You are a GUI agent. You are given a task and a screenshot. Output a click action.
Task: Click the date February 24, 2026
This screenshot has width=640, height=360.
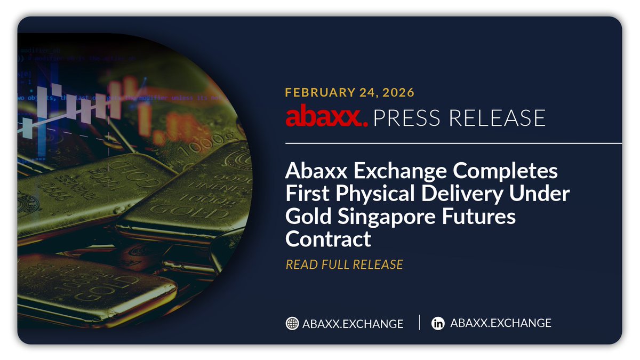(x=350, y=92)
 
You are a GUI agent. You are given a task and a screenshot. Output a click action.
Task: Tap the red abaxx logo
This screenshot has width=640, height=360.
(x=326, y=117)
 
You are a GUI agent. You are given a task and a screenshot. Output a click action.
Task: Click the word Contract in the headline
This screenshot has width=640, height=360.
(x=328, y=239)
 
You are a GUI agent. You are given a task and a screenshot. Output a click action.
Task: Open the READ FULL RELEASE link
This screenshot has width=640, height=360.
(x=344, y=265)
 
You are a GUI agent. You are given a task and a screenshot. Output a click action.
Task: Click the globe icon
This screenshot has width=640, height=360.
(x=292, y=323)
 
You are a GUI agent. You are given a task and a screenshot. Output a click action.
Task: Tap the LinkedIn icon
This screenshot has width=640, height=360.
(x=438, y=323)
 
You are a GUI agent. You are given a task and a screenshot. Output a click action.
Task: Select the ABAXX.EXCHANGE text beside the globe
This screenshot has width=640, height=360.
(x=353, y=324)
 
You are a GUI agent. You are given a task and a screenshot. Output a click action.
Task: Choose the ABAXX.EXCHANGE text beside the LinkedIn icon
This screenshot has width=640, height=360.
(x=501, y=323)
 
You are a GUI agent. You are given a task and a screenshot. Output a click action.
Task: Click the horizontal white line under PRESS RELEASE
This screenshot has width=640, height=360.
(x=453, y=143)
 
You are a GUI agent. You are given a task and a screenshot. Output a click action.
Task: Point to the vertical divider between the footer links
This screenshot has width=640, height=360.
(x=420, y=323)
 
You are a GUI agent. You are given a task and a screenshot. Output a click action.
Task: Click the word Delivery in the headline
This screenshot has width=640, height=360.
(x=456, y=194)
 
